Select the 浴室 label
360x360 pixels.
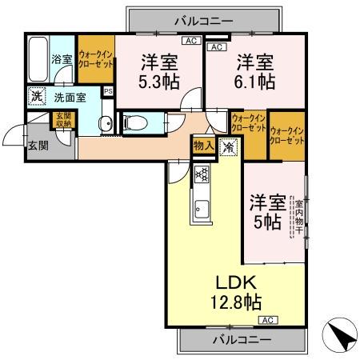(x=61, y=59)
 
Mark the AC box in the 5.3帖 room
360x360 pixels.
(x=190, y=41)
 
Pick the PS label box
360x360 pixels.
(x=109, y=92)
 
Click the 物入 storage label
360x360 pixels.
(x=202, y=146)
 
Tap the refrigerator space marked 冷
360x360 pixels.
(x=228, y=147)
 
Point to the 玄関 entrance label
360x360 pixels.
(x=38, y=145)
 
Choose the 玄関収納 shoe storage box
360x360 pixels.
(x=62, y=120)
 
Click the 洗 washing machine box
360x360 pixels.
(x=36, y=97)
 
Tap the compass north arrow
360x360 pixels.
(x=340, y=336)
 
